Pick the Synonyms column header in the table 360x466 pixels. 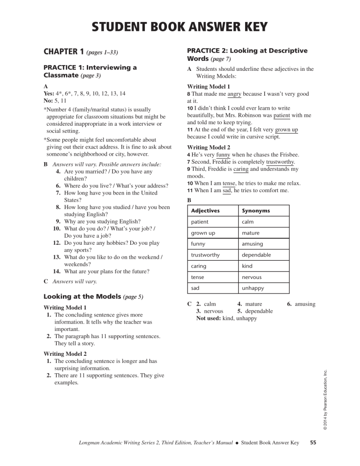pyautogui.click(x=256, y=210)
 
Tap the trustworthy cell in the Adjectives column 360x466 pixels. pyautogui.click(x=206, y=255)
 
